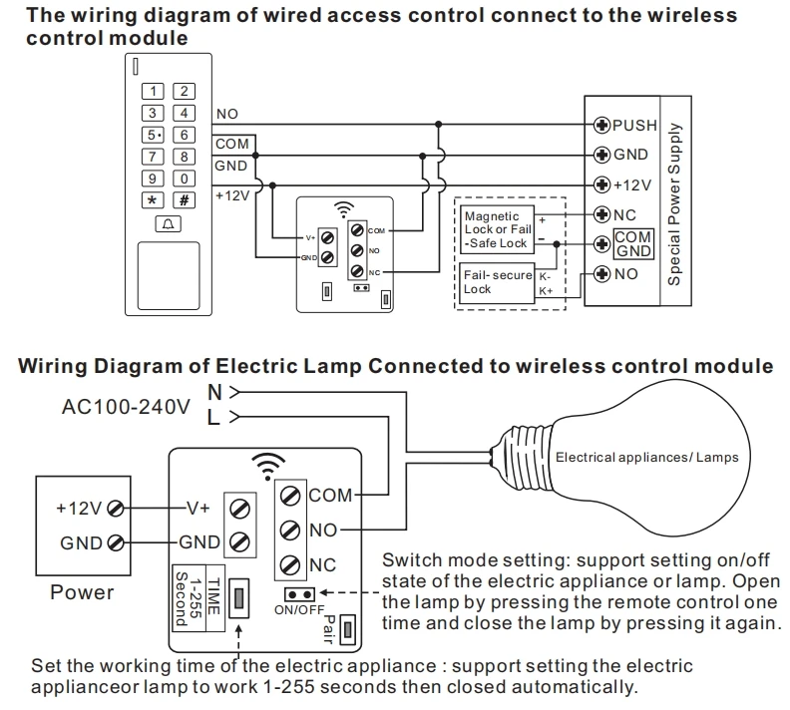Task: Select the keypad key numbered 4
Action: (184, 113)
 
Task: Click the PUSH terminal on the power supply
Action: (601, 126)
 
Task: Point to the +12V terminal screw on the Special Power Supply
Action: (601, 184)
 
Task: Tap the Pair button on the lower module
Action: (348, 629)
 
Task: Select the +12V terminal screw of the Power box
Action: (116, 508)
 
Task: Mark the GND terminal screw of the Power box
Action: (116, 543)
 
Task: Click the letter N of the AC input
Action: (213, 390)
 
